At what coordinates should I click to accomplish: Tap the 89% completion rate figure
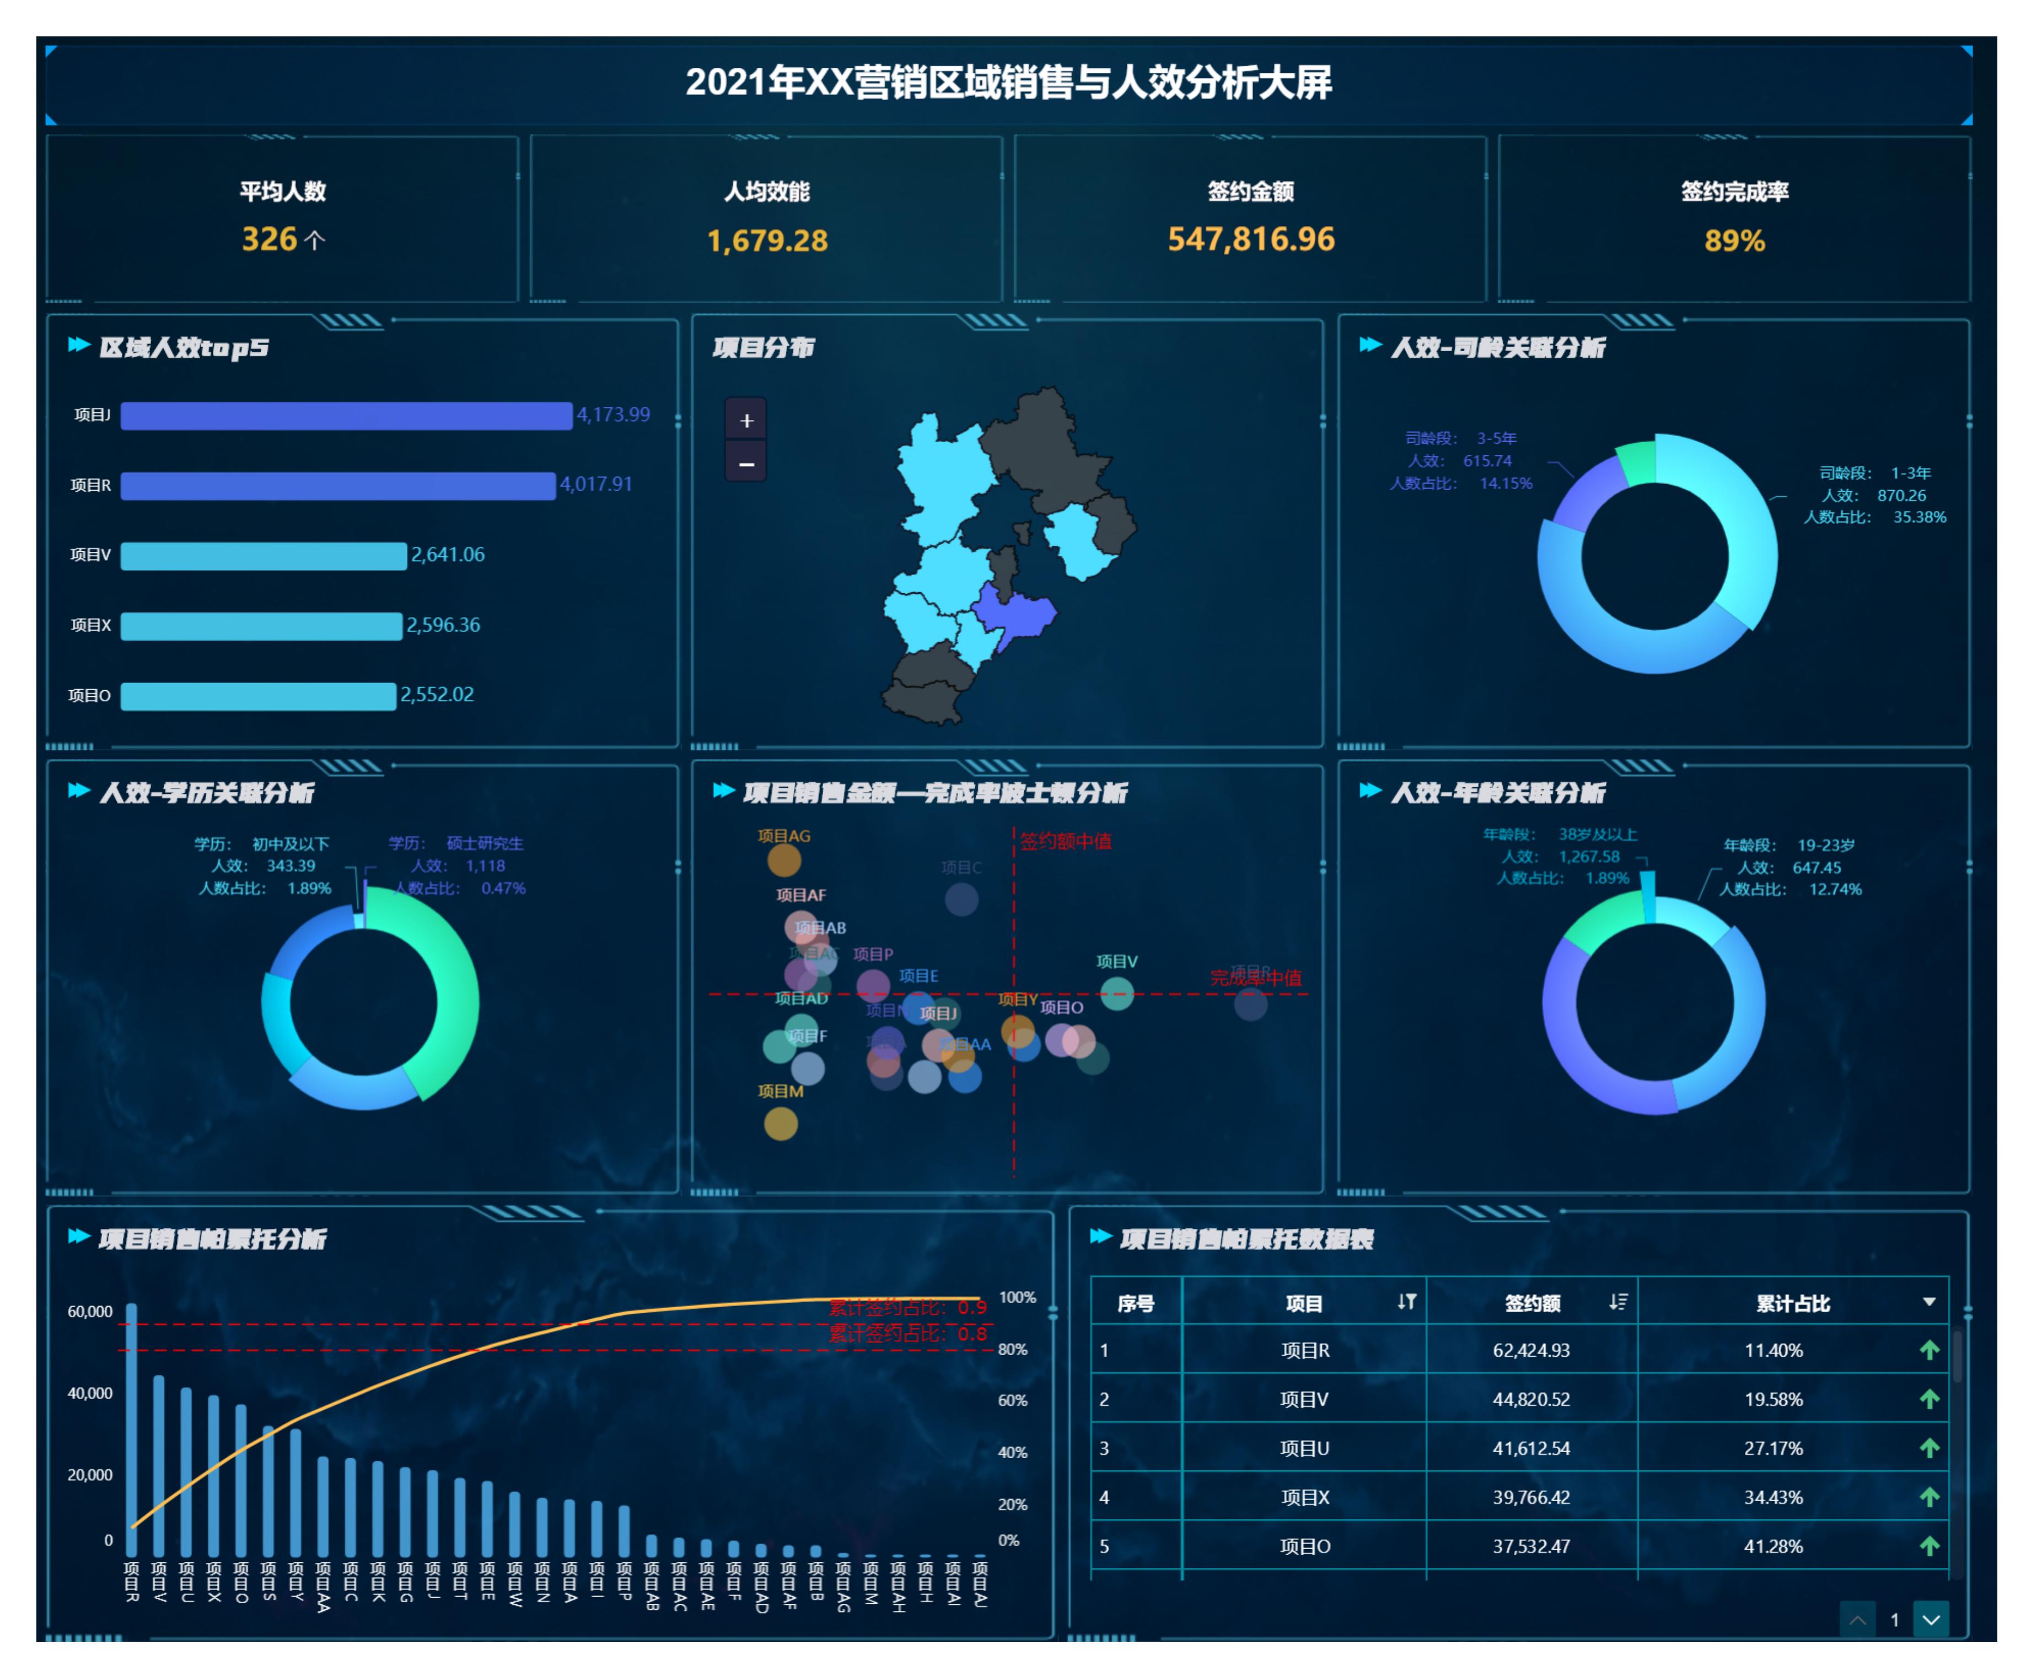[1734, 240]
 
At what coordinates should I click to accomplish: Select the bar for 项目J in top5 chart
[346, 415]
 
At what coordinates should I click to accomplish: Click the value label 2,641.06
[448, 555]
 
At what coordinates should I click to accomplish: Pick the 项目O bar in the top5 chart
[258, 696]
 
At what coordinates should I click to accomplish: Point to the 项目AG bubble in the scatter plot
[784, 859]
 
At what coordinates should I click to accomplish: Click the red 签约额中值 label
[1065, 841]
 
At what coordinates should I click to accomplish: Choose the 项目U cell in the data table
[1304, 1449]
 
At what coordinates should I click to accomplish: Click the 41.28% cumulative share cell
[1772, 1547]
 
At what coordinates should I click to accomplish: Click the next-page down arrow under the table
[1931, 1620]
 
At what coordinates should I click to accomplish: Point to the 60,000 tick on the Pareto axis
[89, 1312]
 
